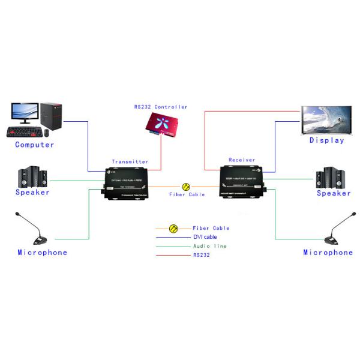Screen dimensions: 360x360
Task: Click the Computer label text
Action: [x=34, y=145]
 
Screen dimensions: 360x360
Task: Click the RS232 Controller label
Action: [x=160, y=107]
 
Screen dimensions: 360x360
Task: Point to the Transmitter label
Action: [x=130, y=161]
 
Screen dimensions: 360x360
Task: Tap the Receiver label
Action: [x=242, y=160]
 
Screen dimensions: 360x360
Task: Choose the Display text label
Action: [x=327, y=140]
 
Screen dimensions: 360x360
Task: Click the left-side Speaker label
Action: [x=32, y=193]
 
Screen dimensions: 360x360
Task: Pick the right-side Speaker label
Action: [x=334, y=193]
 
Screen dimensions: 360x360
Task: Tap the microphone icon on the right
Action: [x=336, y=230]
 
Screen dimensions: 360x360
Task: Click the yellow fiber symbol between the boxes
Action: [x=187, y=187]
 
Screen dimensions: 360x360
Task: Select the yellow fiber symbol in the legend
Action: [x=173, y=229]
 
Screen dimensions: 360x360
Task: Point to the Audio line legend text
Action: [x=209, y=246]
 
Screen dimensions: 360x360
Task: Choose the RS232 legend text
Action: [x=202, y=255]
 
